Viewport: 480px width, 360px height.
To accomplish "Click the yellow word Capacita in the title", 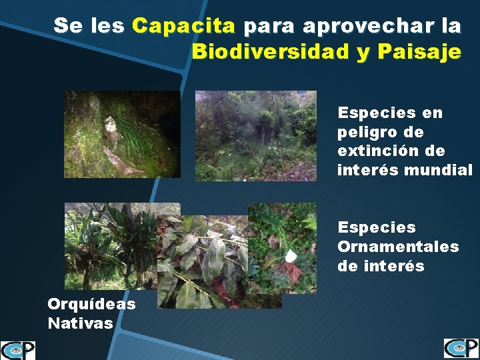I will click(x=183, y=26).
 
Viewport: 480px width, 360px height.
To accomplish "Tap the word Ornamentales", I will click(x=398, y=247).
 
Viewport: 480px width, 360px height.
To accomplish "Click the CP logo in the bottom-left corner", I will click(x=18, y=349).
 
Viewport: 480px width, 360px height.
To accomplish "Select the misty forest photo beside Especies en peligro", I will click(x=255, y=135).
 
